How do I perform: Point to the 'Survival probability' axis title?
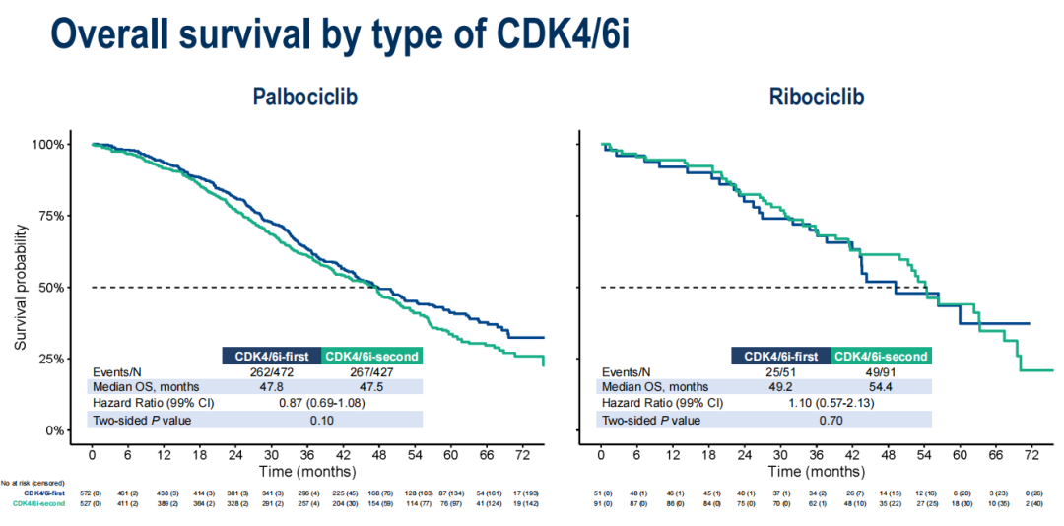[x=22, y=288]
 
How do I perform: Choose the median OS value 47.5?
[x=371, y=387]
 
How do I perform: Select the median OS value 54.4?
[x=881, y=387]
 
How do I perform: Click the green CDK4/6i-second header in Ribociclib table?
[x=881, y=356]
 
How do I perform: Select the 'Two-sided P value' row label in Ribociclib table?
[x=651, y=421]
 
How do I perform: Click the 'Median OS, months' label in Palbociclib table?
[x=149, y=387]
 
